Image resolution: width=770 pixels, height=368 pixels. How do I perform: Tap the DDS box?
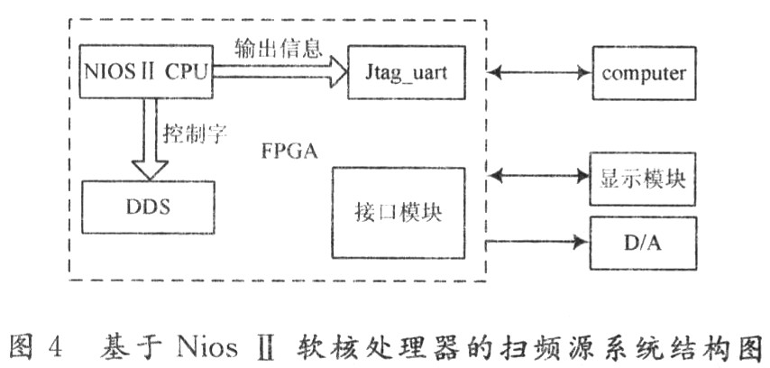(x=148, y=205)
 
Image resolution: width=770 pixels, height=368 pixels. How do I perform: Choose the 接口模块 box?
(x=399, y=215)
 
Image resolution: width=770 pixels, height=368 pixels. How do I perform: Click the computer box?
(x=644, y=73)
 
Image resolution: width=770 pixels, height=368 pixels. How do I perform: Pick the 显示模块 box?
(x=643, y=178)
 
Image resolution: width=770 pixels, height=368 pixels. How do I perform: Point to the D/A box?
(x=643, y=243)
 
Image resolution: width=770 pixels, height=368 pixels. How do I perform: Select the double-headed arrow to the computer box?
(x=538, y=73)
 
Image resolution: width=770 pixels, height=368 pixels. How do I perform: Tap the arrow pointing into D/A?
(x=538, y=243)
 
